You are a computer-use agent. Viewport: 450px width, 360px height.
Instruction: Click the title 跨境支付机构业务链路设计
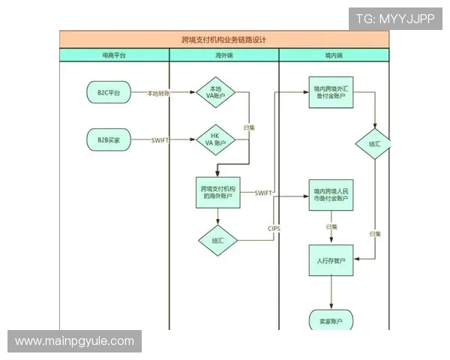coord(224,39)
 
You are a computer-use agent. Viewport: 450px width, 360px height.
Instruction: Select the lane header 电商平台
coord(114,55)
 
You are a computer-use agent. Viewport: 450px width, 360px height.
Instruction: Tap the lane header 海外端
coord(224,55)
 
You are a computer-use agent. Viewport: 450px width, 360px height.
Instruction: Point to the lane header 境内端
coord(334,55)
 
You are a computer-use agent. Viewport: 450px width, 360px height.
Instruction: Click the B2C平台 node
coord(109,92)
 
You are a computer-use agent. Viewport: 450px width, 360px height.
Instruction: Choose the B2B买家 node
coord(109,139)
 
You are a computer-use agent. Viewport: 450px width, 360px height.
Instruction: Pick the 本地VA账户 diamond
coord(216,92)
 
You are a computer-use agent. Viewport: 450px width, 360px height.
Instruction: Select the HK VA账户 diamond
coord(216,139)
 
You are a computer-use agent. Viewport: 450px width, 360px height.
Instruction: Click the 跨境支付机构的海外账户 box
coord(217,192)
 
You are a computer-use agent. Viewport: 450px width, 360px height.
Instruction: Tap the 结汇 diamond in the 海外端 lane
coord(217,241)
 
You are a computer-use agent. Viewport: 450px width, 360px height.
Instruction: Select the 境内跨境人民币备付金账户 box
coord(331,195)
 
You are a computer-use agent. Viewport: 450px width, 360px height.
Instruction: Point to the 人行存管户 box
coord(331,260)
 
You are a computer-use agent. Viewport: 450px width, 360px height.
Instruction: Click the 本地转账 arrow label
coord(158,93)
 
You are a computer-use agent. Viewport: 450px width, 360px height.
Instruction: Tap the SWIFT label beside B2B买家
coord(160,140)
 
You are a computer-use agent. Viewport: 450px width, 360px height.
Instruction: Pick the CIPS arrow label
coord(274,228)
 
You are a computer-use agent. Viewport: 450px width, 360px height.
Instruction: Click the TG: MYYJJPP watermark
coord(395,19)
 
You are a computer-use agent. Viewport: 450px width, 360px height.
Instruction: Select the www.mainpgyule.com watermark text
coord(74,341)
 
